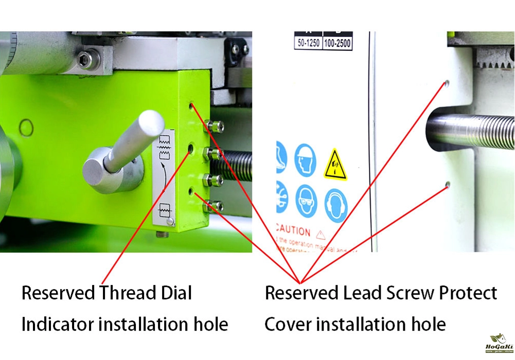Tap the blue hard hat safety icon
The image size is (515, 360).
click(305, 160)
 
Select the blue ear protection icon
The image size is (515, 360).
click(336, 205)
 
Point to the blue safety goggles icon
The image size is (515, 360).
click(306, 201)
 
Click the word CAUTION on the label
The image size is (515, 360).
click(293, 230)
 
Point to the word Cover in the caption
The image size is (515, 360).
click(287, 325)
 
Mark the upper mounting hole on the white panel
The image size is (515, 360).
click(446, 83)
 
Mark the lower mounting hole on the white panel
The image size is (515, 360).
click(448, 184)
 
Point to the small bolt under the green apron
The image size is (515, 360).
click(162, 235)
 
